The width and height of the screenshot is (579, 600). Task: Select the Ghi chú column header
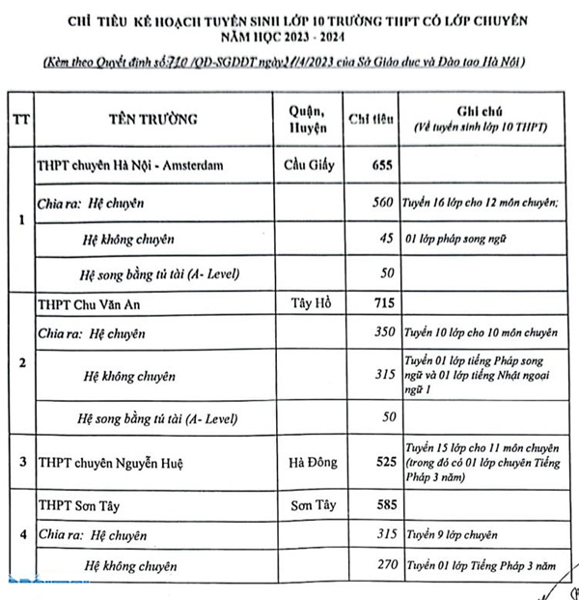(477, 120)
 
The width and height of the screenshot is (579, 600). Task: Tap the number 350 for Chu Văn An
(383, 333)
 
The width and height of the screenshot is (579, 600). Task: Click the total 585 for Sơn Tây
(383, 504)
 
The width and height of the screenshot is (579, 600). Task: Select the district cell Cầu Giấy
(307, 165)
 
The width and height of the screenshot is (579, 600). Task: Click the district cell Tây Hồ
(308, 303)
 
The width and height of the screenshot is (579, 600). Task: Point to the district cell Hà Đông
(308, 463)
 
